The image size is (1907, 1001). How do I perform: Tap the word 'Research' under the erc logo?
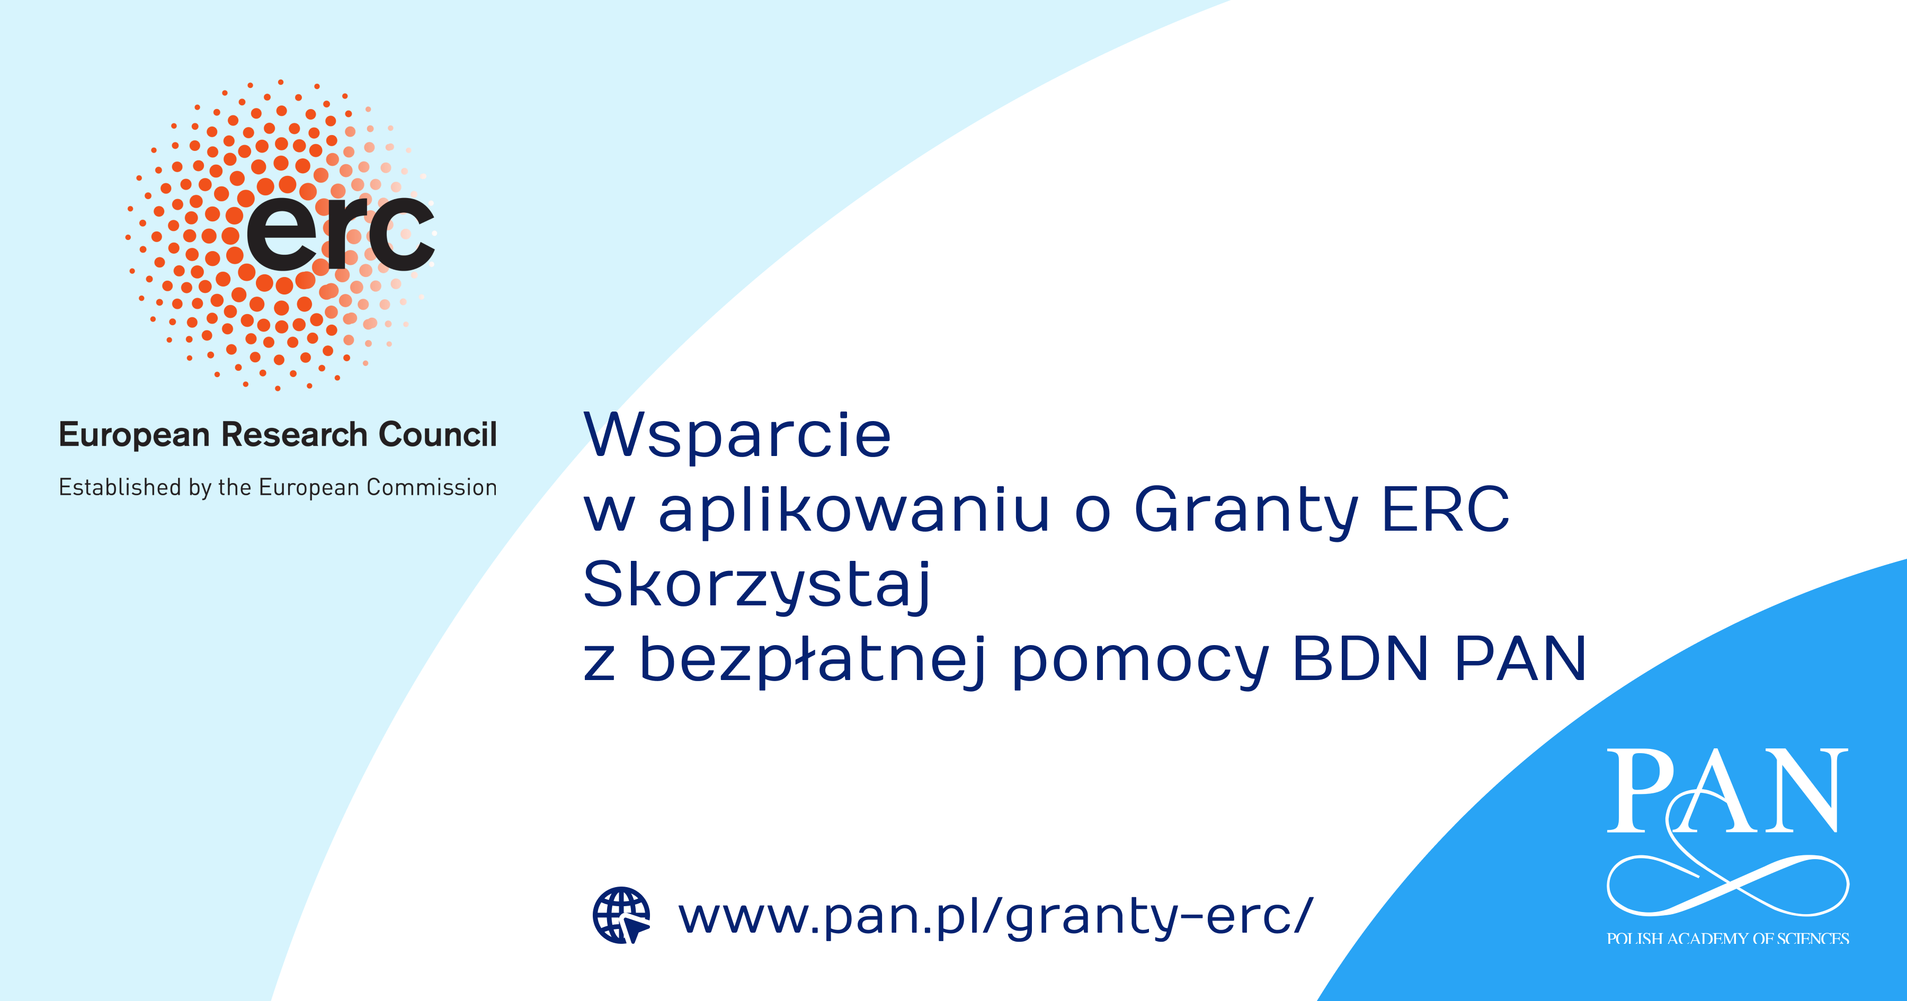[295, 435]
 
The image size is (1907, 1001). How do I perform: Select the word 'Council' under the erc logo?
[438, 435]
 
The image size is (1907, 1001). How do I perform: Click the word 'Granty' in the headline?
[1246, 511]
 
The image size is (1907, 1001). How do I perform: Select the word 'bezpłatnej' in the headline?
[812, 660]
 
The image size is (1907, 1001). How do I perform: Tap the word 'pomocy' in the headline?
[1140, 661]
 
